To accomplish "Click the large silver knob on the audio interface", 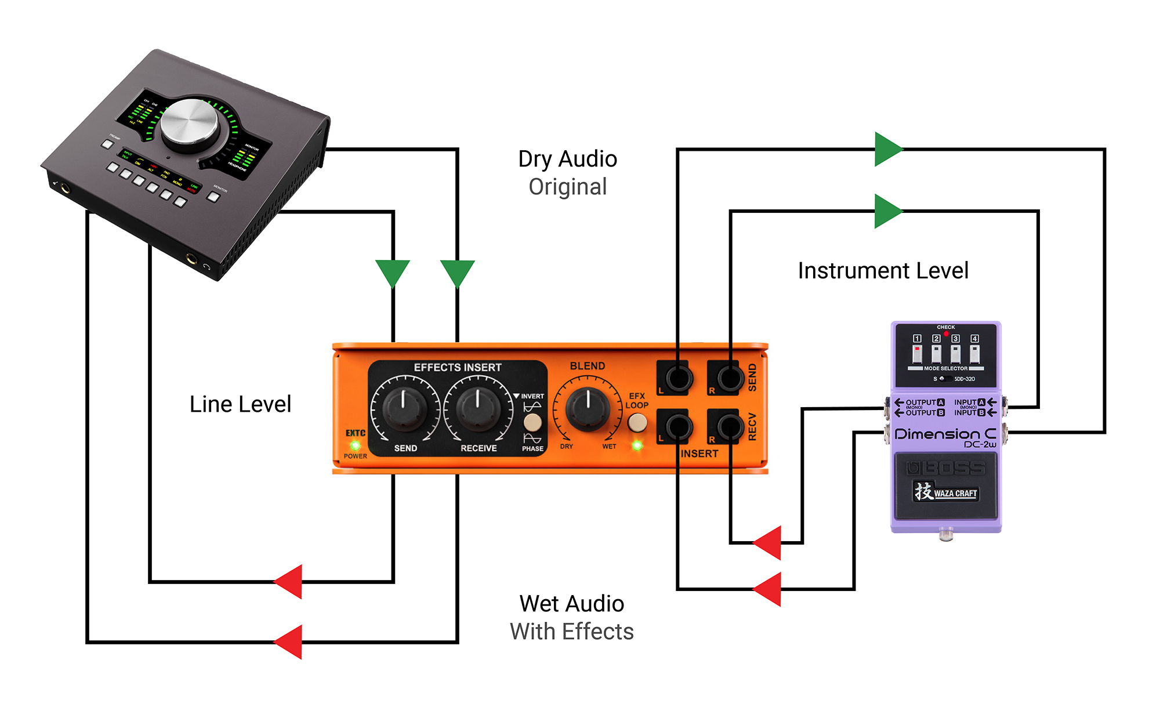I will [189, 122].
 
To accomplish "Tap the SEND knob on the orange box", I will [404, 408].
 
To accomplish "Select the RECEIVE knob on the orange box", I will [478, 408].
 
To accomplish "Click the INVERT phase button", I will [532, 422].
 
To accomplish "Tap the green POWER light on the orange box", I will [355, 445].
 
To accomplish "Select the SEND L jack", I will [677, 379].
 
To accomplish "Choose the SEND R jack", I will [729, 379].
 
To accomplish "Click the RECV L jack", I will [677, 427].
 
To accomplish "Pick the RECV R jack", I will [729, 427].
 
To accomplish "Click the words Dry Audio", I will [567, 159].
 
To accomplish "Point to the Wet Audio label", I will [571, 604].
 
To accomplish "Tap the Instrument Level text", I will [883, 271].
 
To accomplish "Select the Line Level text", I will [240, 404].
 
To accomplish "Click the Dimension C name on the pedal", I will [945, 434].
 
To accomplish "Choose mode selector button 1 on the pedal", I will [917, 353].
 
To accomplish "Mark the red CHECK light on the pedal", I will [946, 334].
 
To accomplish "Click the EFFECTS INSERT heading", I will [458, 368].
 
